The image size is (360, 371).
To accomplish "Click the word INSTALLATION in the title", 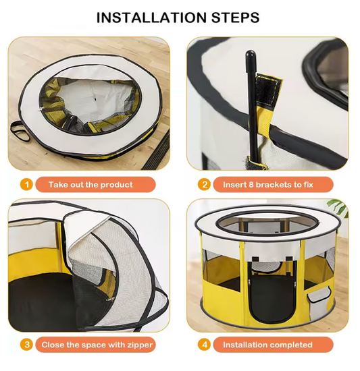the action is [151, 18].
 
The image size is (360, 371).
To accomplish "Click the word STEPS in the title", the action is [236, 18].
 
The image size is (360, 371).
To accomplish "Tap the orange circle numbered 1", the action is [26, 184].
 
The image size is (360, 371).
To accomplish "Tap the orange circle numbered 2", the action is [205, 184].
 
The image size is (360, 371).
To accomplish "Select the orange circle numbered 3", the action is [26, 345].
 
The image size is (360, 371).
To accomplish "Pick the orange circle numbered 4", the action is [205, 345].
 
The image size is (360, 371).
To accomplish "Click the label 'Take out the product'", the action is [91, 185].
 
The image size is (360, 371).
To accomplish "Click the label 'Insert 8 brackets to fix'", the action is [268, 185].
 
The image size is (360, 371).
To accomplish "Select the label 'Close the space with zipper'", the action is [97, 345].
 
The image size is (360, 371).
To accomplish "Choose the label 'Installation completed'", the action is [267, 345].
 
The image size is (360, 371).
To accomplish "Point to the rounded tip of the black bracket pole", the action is [251, 54].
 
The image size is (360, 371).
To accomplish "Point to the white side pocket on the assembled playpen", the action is [319, 295].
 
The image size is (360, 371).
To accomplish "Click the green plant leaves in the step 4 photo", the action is [337, 206].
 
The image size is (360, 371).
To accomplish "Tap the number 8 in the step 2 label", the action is [251, 185].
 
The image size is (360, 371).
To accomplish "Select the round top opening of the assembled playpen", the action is [268, 225].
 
